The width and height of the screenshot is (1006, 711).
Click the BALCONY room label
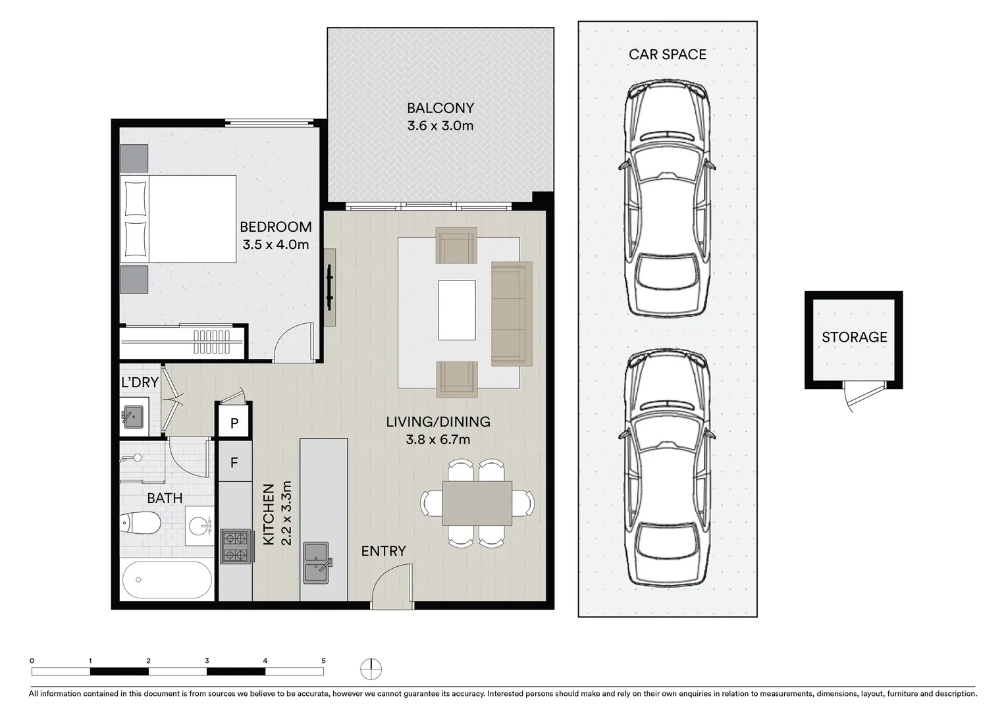pyautogui.click(x=440, y=108)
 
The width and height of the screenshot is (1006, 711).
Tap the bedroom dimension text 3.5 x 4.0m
pyautogui.click(x=275, y=245)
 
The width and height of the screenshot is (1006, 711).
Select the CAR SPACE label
pyautogui.click(x=667, y=55)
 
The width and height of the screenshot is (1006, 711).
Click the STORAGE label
pyautogui.click(x=854, y=337)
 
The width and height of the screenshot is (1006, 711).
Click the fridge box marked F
pyautogui.click(x=234, y=463)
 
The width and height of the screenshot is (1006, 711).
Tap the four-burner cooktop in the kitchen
pyautogui.click(x=236, y=546)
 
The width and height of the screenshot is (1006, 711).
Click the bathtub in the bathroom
pyautogui.click(x=167, y=580)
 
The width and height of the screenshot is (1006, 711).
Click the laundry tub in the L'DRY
pyautogui.click(x=134, y=417)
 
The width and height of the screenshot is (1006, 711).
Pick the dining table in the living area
pyautogui.click(x=477, y=503)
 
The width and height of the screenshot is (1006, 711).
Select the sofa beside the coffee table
pyautogui.click(x=512, y=313)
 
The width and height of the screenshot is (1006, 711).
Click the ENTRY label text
pyautogui.click(x=383, y=551)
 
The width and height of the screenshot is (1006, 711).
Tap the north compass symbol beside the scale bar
pyautogui.click(x=371, y=668)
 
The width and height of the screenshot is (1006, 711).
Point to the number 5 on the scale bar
pyautogui.click(x=323, y=660)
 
